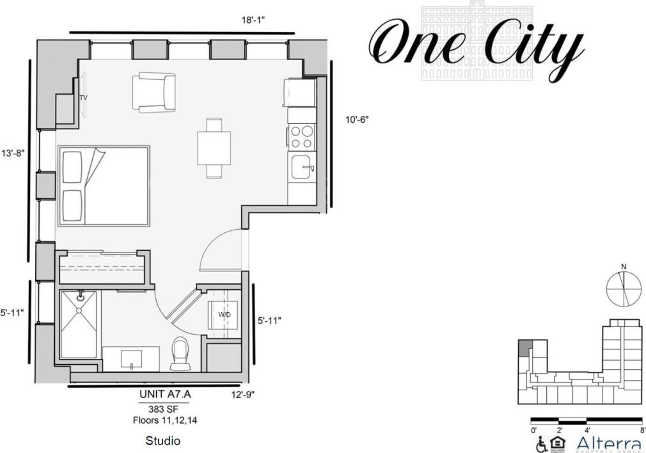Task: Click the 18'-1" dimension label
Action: click(253, 20)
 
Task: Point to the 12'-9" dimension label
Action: click(243, 395)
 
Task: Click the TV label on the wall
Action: click(83, 98)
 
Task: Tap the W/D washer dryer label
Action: click(225, 315)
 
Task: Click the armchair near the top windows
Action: click(154, 93)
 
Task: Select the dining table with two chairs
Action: click(214, 148)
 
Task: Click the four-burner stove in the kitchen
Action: click(302, 136)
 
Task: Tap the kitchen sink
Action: click(302, 168)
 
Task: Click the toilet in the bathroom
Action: click(181, 354)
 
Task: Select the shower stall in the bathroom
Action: click(79, 324)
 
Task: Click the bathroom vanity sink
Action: click(131, 358)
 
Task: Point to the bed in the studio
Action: click(104, 186)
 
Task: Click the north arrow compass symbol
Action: click(623, 289)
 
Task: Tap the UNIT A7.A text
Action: click(165, 395)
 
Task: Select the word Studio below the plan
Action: click(162, 441)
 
